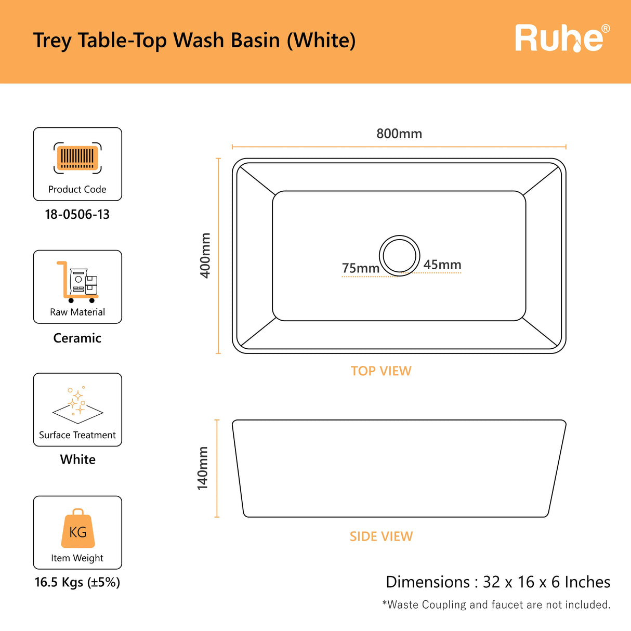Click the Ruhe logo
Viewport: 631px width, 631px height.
[562, 38]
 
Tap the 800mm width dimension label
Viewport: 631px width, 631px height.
[399, 134]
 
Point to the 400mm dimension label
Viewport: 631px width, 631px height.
[205, 256]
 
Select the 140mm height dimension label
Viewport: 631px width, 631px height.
[202, 468]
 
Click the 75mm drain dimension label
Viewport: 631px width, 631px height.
[361, 268]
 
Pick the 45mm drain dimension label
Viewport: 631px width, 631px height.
[442, 265]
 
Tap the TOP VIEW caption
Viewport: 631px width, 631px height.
[381, 371]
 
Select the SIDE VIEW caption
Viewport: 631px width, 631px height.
[381, 536]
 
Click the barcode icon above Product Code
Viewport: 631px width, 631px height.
[77, 158]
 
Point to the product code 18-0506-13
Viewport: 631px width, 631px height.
[77, 215]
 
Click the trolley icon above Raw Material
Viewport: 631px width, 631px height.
[77, 282]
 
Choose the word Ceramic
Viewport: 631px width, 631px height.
[77, 338]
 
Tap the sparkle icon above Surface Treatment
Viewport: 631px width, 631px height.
[77, 405]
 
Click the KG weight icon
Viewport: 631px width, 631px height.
[78, 528]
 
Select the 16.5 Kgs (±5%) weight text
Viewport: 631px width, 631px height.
[77, 582]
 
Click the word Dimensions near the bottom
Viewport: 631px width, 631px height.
[428, 582]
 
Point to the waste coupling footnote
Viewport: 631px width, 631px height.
[496, 604]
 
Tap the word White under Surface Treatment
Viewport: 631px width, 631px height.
[77, 459]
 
